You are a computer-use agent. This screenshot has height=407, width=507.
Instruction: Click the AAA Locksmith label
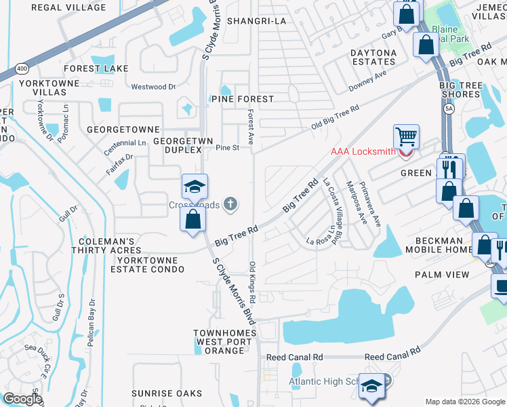click(363, 151)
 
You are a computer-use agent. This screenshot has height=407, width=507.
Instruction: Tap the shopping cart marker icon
click(406, 136)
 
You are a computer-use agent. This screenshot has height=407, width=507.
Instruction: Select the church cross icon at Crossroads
click(230, 203)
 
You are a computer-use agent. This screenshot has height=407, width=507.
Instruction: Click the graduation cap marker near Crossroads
click(195, 187)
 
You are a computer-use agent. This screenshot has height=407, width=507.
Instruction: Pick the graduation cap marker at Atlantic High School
click(371, 387)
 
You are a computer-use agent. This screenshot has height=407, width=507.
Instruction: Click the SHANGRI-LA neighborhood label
click(257, 21)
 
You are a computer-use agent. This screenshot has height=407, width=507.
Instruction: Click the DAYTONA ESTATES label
click(373, 58)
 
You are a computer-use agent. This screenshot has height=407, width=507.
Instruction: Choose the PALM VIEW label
click(445, 275)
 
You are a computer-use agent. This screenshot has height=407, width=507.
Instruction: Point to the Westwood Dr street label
click(153, 87)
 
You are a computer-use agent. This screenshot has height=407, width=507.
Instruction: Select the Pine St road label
click(228, 148)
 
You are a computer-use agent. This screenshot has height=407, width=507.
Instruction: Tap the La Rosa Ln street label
click(321, 241)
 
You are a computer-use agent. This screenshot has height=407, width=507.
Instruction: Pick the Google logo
click(22, 399)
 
